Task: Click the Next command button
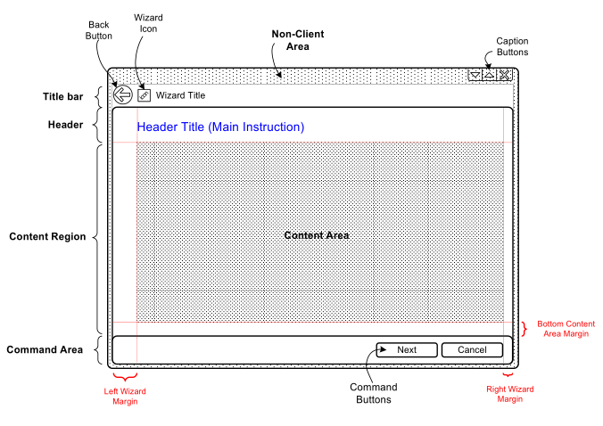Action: pyautogui.click(x=407, y=350)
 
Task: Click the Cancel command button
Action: pyautogui.click(x=472, y=350)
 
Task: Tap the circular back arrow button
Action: pyautogui.click(x=123, y=95)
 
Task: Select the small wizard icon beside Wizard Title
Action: pyautogui.click(x=144, y=95)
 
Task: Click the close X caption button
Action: pyautogui.click(x=505, y=76)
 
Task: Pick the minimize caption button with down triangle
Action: pyautogui.click(x=475, y=76)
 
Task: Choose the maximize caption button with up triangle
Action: pyautogui.click(x=489, y=76)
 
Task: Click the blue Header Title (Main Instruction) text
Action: pyautogui.click(x=220, y=127)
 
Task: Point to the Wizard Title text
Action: pyautogui.click(x=180, y=95)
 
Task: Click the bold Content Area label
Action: pyautogui.click(x=316, y=235)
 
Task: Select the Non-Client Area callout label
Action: pyautogui.click(x=297, y=40)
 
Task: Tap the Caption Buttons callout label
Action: pyautogui.click(x=512, y=46)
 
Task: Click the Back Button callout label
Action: pyautogui.click(x=100, y=29)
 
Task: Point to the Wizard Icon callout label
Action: pyautogui.click(x=147, y=24)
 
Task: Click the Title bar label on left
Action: pyautogui.click(x=63, y=96)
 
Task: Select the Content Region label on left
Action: pyautogui.click(x=47, y=237)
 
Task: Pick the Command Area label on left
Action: pyautogui.click(x=45, y=349)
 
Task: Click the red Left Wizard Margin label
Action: pyautogui.click(x=125, y=397)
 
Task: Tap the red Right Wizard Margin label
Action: pyautogui.click(x=508, y=394)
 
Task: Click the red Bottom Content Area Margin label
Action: pyautogui.click(x=565, y=329)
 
